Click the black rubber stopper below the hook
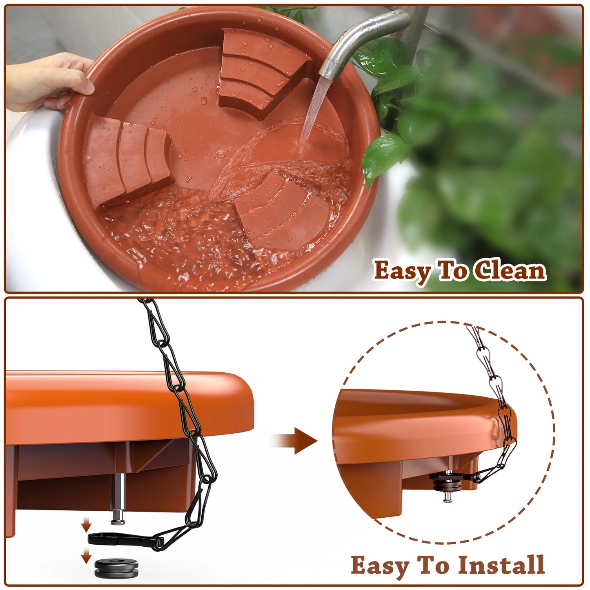[x=116, y=569]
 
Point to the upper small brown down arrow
[x=86, y=524]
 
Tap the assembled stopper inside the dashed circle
[x=448, y=484]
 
